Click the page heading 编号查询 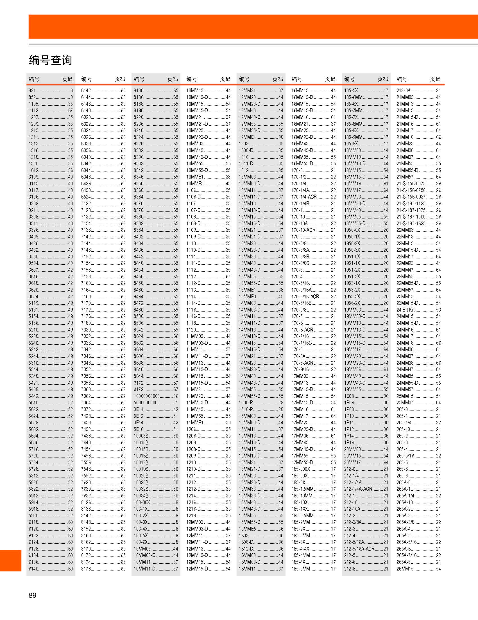[x=51, y=60]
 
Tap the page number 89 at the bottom [x=32, y=595]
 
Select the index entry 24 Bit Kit [x=406, y=310]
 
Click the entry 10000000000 [x=147, y=396]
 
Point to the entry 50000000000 [x=147, y=403]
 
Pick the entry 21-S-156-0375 [x=411, y=184]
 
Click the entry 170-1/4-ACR [x=304, y=197]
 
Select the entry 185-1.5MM [x=302, y=489]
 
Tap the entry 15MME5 [x=247, y=529]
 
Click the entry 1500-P [x=246, y=403]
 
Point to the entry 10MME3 [x=195, y=184]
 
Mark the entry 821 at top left [x=32, y=91]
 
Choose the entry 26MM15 [x=405, y=569]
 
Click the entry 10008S [x=141, y=436]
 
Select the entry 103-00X [x=142, y=502]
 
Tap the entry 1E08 [x=349, y=396]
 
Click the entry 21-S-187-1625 [x=411, y=224]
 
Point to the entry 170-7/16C [x=302, y=343]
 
